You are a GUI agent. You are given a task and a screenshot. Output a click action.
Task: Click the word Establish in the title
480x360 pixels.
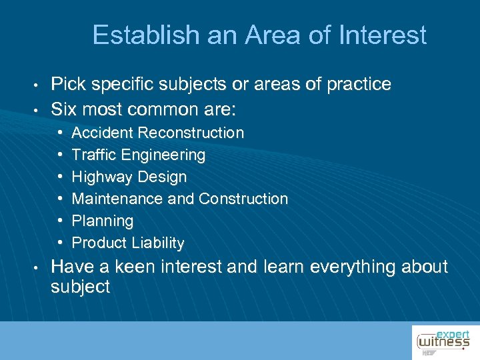pos(137,35)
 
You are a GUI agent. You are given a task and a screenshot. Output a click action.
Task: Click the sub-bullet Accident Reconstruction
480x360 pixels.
pos(157,133)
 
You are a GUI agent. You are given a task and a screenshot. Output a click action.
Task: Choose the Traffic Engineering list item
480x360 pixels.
pos(138,155)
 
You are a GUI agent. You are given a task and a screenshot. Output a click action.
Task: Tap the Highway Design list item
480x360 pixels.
pos(129,177)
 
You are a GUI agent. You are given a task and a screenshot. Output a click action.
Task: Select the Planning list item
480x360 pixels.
pos(102,221)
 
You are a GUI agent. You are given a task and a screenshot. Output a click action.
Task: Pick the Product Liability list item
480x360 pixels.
pos(127,243)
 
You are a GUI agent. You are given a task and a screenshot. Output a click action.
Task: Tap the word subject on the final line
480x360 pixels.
pos(80,287)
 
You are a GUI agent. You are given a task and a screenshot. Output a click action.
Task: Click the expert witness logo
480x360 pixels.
pos(444,341)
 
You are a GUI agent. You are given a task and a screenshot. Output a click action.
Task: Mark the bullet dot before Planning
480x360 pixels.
pos(61,221)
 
